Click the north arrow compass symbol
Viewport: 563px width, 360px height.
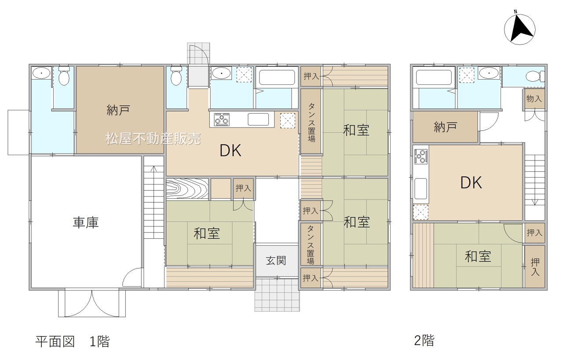(x=519, y=29)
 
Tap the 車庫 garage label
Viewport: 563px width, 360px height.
(x=86, y=222)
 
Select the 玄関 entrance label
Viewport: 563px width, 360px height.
(x=276, y=261)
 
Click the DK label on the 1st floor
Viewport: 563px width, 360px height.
(x=230, y=150)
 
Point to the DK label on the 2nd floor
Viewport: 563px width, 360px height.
(x=471, y=183)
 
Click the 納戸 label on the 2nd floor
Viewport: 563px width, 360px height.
(x=445, y=127)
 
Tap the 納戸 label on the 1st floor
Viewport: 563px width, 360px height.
(x=118, y=110)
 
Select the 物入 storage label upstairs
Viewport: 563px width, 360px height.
(x=534, y=98)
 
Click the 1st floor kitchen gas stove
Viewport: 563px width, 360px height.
(x=222, y=119)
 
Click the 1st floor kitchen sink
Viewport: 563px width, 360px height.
(x=258, y=119)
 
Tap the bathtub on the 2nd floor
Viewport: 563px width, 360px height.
(x=434, y=77)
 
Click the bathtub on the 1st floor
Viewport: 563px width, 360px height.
(x=277, y=77)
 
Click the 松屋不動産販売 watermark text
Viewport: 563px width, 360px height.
(x=153, y=138)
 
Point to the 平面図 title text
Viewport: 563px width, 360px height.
(x=55, y=342)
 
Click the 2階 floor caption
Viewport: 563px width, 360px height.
(x=424, y=341)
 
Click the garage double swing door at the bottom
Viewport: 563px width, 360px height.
(x=92, y=303)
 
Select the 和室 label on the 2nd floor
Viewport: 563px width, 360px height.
(x=478, y=257)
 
